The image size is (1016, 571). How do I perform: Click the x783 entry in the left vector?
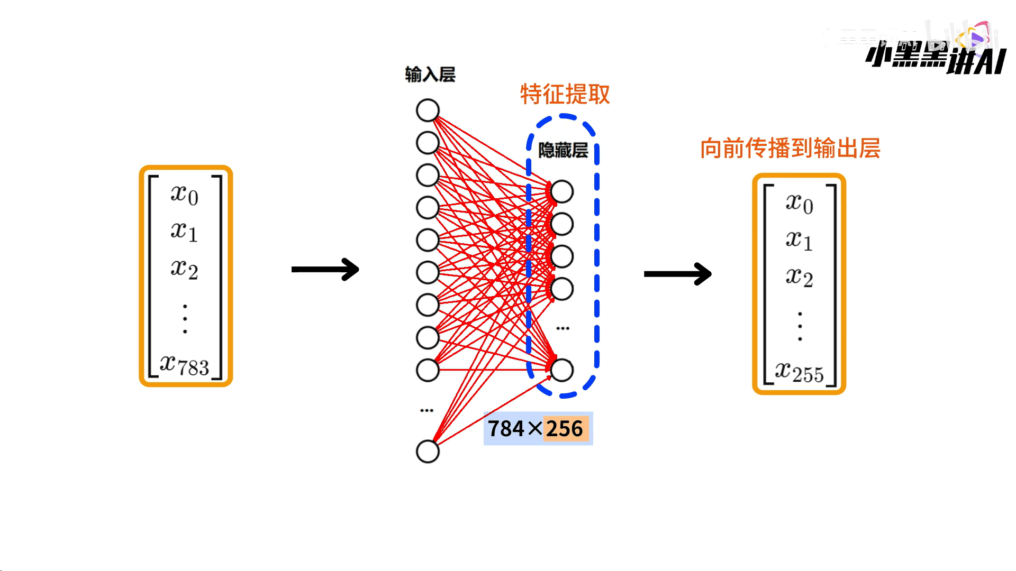[x=185, y=365]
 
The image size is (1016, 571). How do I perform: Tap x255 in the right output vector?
[x=799, y=372]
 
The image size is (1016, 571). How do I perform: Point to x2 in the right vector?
[x=799, y=277]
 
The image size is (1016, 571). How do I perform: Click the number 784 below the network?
[x=506, y=429]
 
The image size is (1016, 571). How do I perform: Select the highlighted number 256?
[x=565, y=429]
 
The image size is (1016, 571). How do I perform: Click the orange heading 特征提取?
[x=565, y=95]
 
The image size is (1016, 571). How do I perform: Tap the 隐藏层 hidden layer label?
[x=563, y=151]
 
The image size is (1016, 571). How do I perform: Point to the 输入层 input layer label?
[x=430, y=75]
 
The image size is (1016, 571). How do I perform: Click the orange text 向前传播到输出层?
[x=790, y=149]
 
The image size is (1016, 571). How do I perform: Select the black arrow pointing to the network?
[x=325, y=270]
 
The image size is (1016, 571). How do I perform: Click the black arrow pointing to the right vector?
[x=677, y=274]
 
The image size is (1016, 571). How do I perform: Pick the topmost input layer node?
[x=428, y=110]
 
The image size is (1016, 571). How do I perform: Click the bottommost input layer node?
[x=428, y=452]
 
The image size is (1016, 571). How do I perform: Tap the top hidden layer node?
[x=562, y=192]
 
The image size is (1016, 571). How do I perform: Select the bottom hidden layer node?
[x=562, y=370]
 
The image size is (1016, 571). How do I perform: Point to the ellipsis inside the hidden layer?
[x=563, y=328]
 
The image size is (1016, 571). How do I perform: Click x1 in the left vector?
[x=185, y=232]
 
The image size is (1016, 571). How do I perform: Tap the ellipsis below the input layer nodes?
[x=427, y=410]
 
